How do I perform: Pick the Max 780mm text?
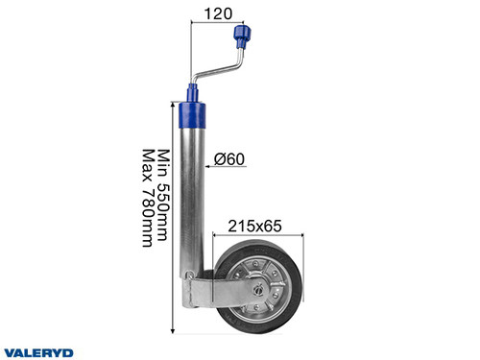tap(148, 198)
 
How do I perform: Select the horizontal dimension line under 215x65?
tap(259, 236)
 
